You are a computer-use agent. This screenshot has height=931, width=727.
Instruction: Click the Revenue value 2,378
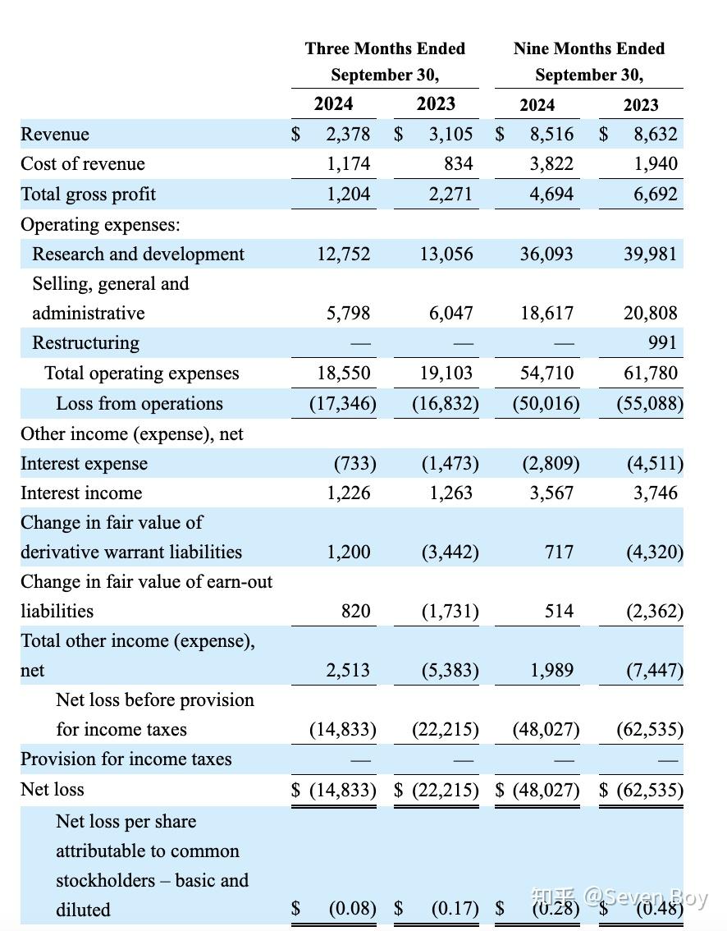pyautogui.click(x=348, y=134)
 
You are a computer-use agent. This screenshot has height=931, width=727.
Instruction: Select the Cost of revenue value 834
pyautogui.click(x=458, y=163)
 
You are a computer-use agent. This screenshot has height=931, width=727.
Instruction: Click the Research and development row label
pyautogui.click(x=138, y=254)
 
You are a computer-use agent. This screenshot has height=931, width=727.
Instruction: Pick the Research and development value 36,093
pyautogui.click(x=546, y=254)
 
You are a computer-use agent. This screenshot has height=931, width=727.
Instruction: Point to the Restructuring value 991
pyautogui.click(x=662, y=342)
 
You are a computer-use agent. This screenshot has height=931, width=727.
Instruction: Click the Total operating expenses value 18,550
pyautogui.click(x=344, y=373)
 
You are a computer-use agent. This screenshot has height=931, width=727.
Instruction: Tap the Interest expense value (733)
pyautogui.click(x=354, y=463)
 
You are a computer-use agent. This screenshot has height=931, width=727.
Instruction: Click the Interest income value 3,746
pyautogui.click(x=655, y=493)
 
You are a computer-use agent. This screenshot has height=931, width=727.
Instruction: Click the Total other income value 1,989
pyautogui.click(x=551, y=670)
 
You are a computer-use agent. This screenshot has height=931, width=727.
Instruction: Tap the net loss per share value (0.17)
pyautogui.click(x=455, y=909)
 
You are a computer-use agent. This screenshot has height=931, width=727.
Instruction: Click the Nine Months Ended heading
pyautogui.click(x=589, y=48)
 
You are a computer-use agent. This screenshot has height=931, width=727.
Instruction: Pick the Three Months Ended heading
pyautogui.click(x=385, y=48)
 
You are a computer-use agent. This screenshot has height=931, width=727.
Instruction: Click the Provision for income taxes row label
pyautogui.click(x=126, y=759)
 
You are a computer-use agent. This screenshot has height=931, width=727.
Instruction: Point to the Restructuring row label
pyautogui.click(x=85, y=342)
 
